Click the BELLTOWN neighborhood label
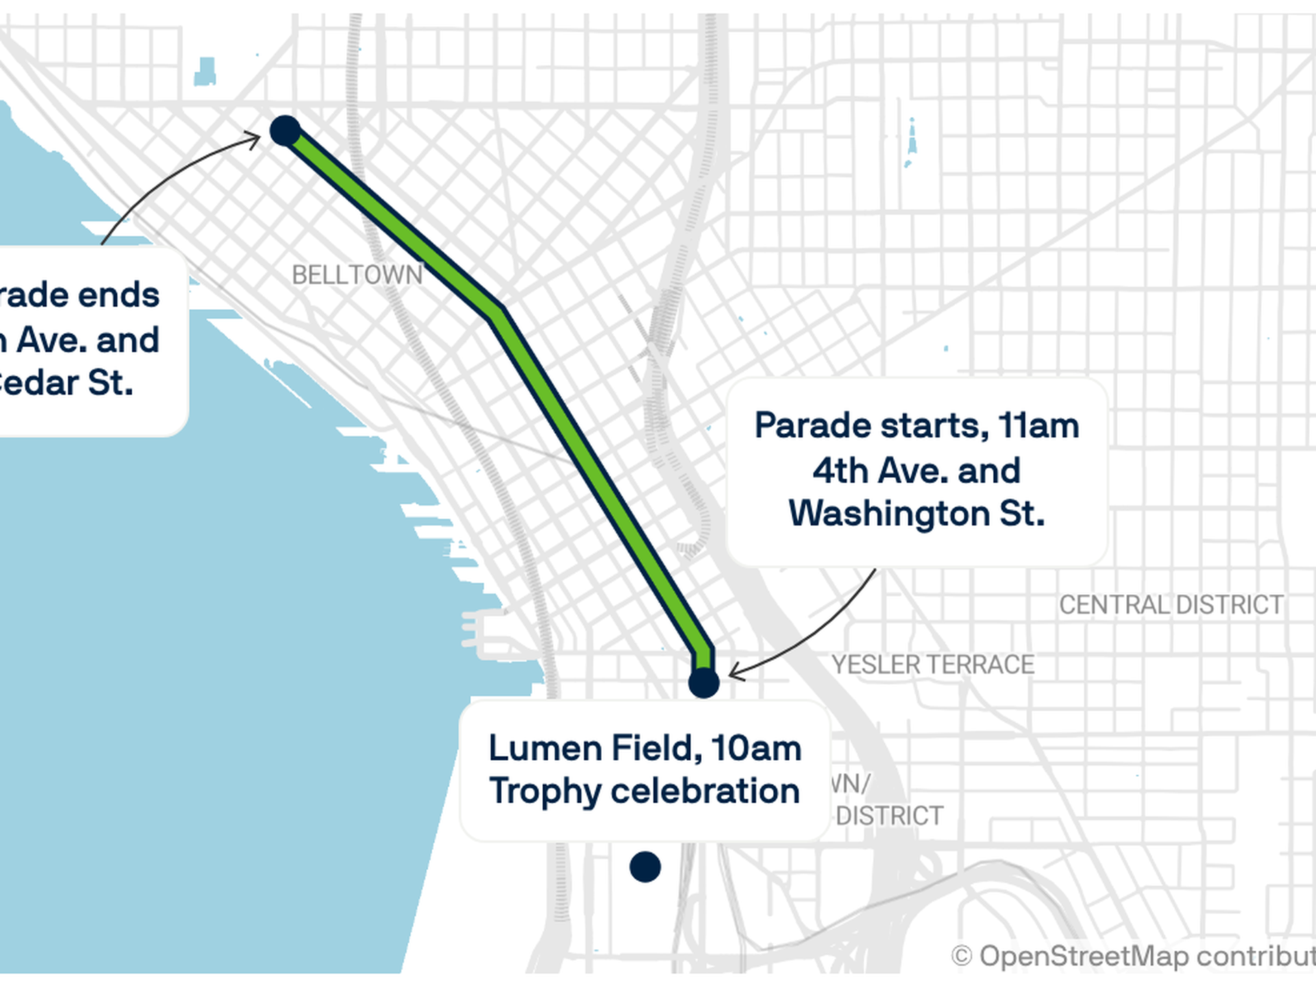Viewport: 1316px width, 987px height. pos(357,275)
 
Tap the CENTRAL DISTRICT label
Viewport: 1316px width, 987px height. pos(1171,605)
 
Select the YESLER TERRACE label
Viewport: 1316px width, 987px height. pos(933,664)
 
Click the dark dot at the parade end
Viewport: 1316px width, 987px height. pos(285,130)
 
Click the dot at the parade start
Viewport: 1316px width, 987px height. pos(703,683)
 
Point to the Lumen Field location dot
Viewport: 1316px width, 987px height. pos(645,867)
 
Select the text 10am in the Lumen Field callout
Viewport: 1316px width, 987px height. pos(756,748)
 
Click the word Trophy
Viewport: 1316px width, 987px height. pos(544,792)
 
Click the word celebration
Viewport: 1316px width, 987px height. pos(705,791)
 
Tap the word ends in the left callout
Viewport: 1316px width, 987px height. pos(119,295)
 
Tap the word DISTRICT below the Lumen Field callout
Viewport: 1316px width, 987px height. pos(889,816)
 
